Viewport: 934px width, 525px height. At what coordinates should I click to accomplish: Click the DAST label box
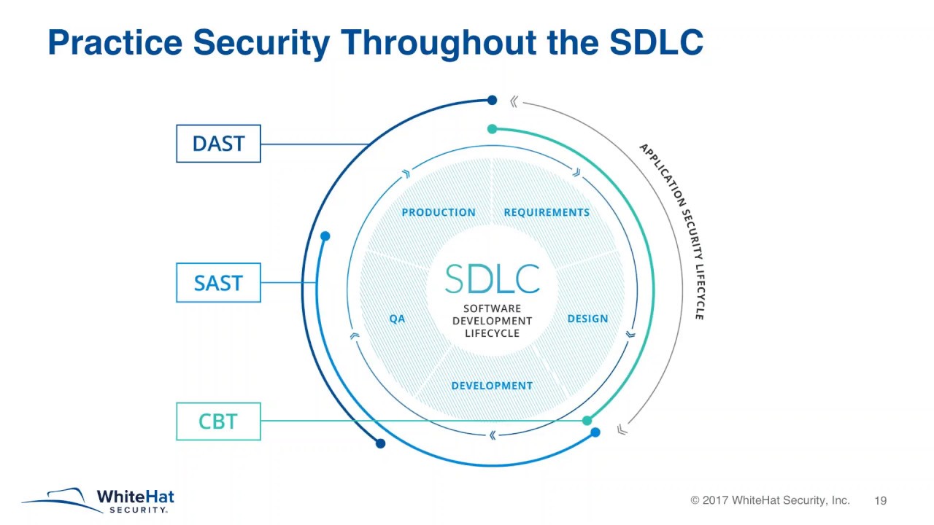pos(218,144)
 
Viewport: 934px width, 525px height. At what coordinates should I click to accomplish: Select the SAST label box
pos(218,283)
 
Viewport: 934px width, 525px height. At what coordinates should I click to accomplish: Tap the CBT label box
pos(218,421)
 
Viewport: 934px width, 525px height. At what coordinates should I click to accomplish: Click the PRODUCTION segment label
pos(439,212)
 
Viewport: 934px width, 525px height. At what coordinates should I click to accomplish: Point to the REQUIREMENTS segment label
pos(547,212)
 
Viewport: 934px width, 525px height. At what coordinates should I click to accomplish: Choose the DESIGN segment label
pos(587,319)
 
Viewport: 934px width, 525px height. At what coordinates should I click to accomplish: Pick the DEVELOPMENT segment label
pos(492,386)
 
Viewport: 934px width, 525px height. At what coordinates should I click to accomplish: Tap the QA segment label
pos(397,319)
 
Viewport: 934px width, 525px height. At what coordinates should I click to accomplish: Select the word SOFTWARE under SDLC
pos(492,308)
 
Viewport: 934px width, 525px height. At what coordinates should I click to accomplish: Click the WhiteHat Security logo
pos(99,500)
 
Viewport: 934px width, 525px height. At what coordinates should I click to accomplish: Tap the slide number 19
pos(880,501)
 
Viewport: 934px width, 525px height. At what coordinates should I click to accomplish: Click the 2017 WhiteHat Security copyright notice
pos(770,501)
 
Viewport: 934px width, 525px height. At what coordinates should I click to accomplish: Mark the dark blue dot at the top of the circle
pos(492,100)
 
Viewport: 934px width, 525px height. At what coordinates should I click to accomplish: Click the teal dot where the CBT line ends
pos(587,421)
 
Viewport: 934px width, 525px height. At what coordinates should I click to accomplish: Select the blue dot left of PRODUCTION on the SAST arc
pos(325,236)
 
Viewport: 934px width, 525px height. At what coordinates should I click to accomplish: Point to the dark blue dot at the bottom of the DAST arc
pos(380,443)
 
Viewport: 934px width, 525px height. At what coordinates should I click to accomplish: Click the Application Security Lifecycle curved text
pos(675,230)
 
